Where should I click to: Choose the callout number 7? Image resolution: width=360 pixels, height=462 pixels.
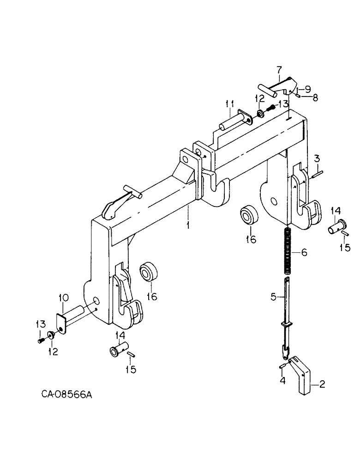(279, 70)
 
